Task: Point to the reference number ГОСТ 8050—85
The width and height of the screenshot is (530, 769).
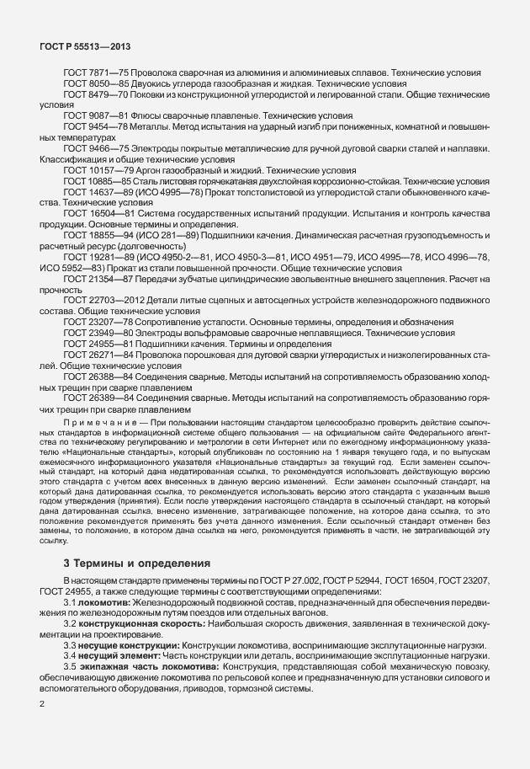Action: [x=92, y=84]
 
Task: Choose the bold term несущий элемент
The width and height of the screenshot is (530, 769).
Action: [x=110, y=654]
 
